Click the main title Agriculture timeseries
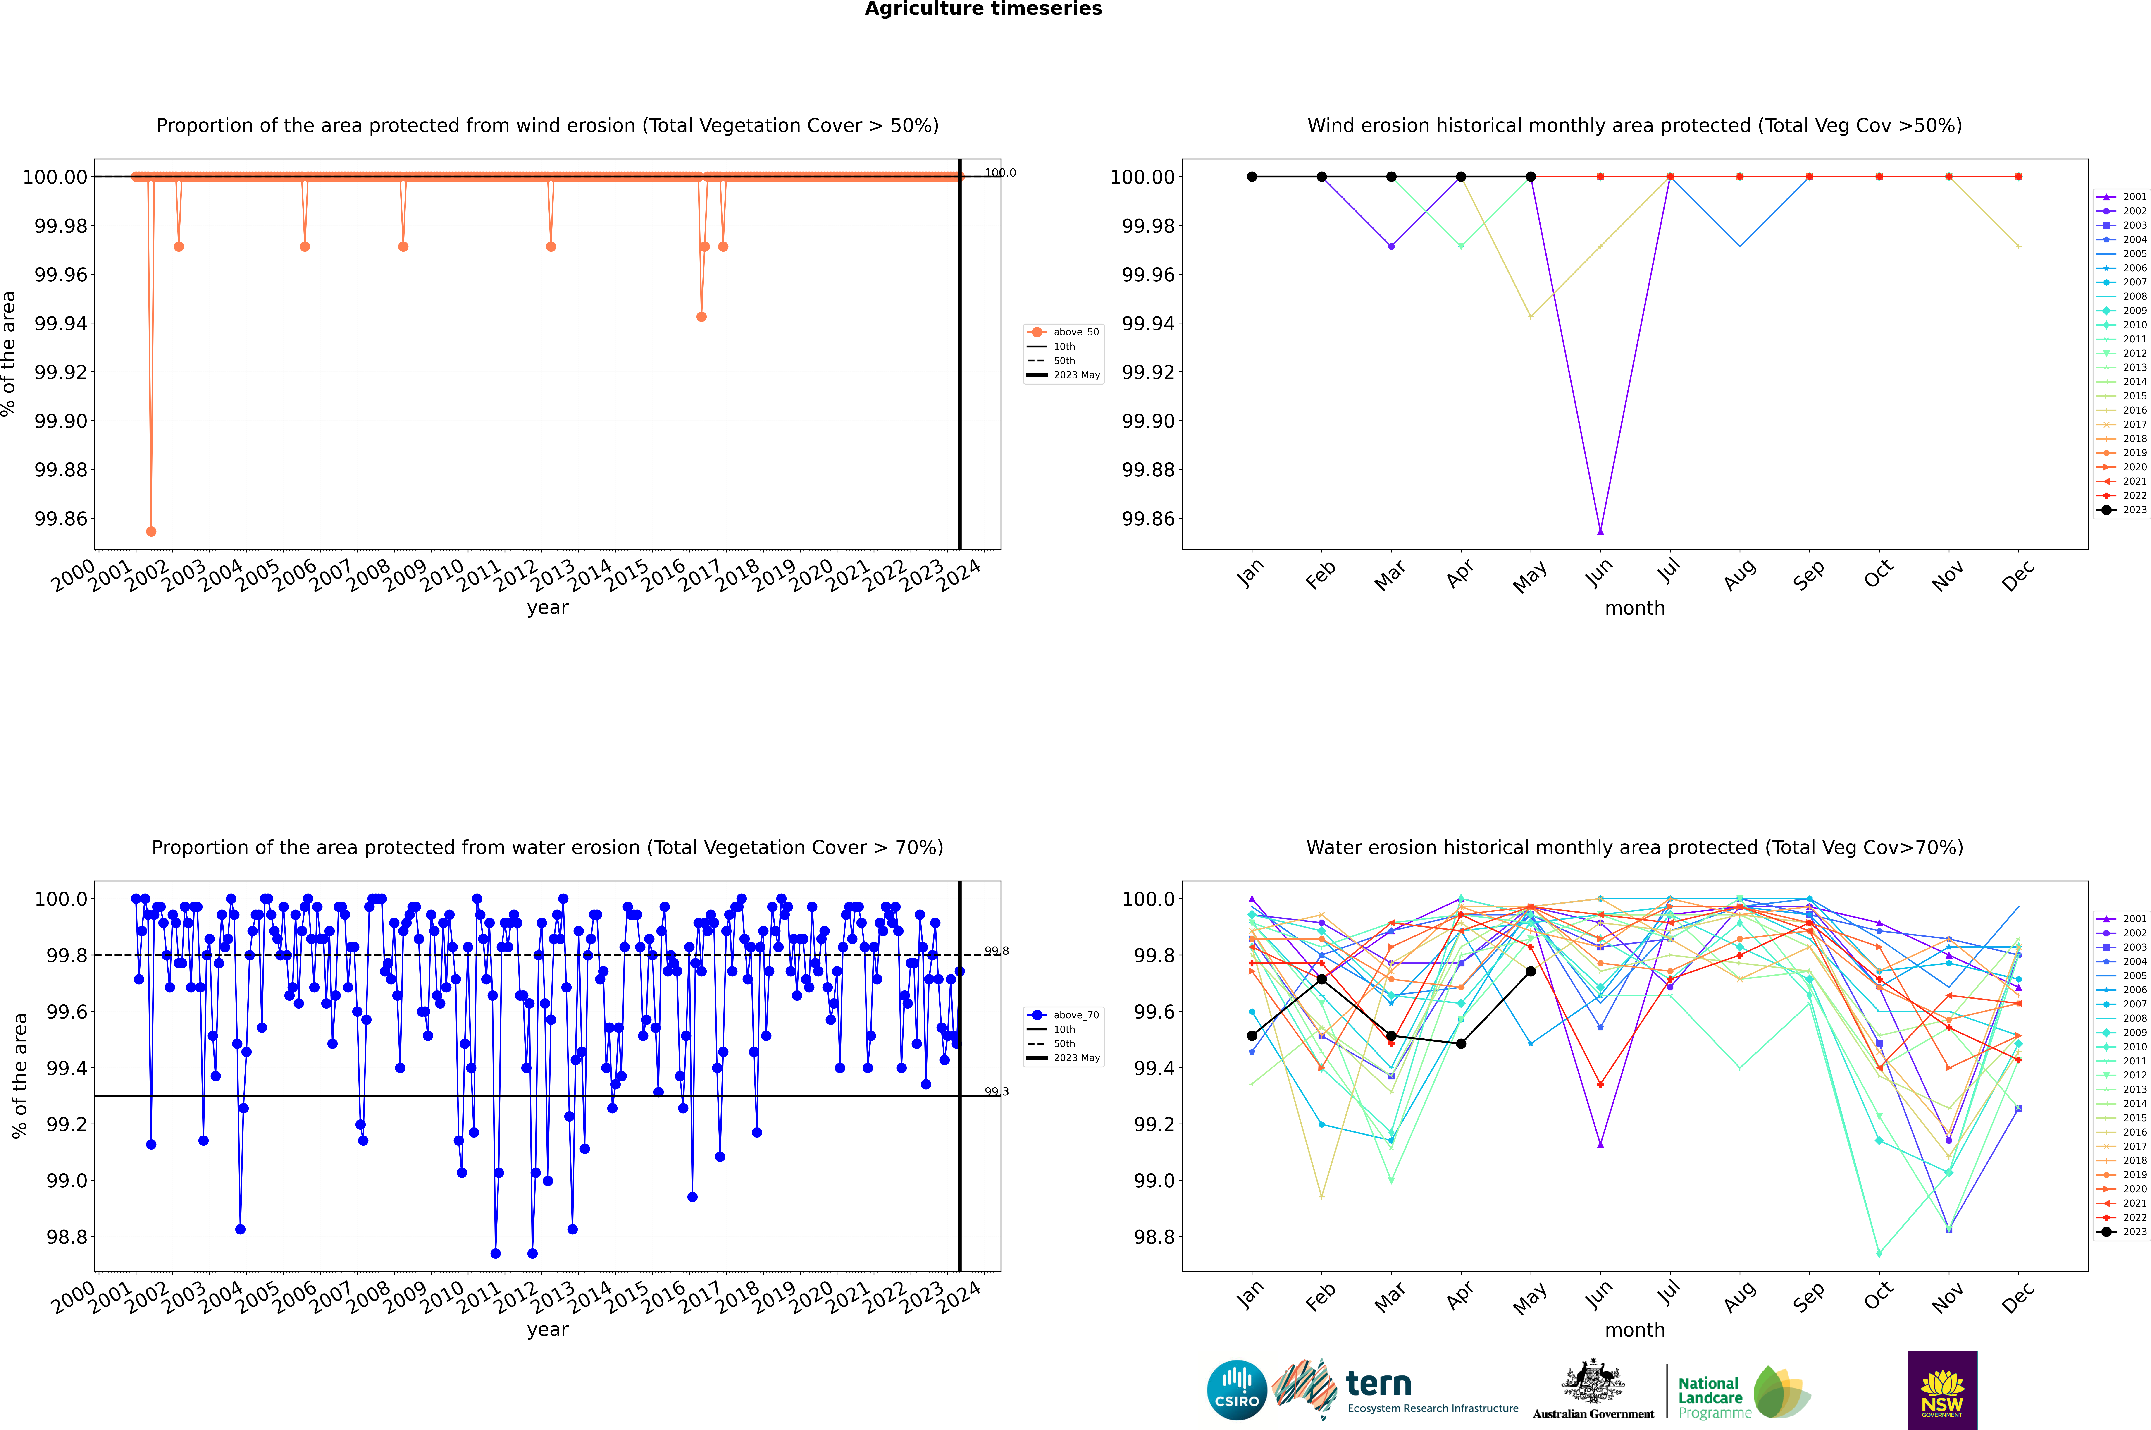pos(983,9)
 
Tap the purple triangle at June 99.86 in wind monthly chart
pos(1600,531)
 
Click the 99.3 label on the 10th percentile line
pos(996,1092)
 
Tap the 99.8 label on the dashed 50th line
pos(996,951)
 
